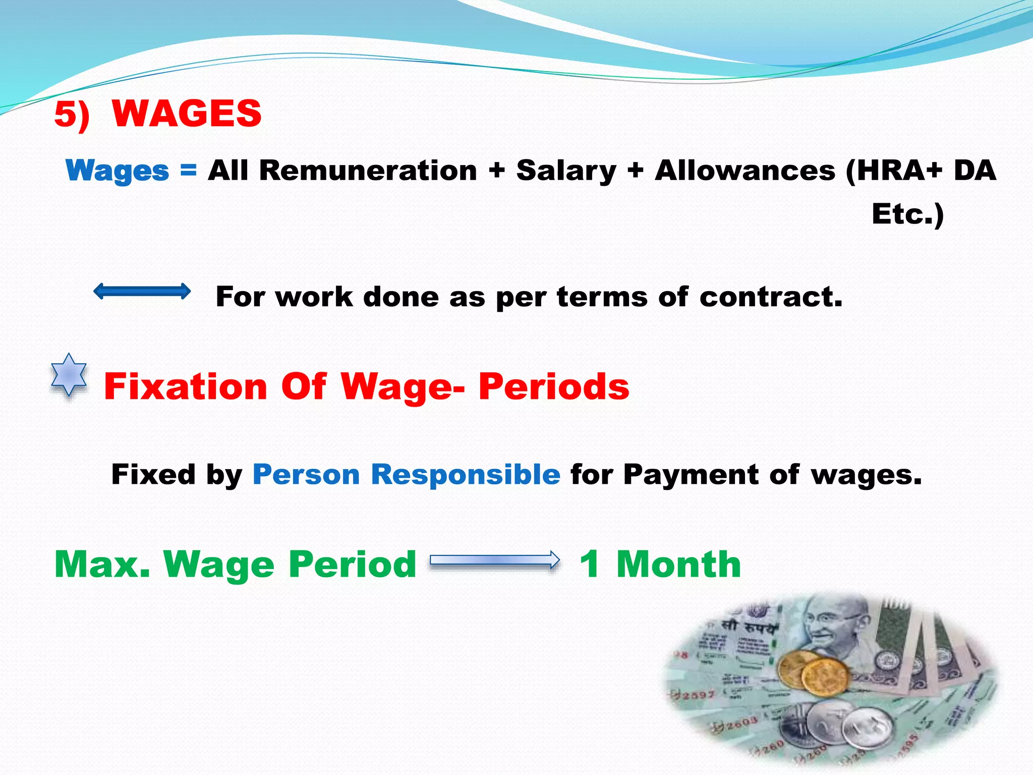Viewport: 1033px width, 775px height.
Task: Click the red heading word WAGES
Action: tap(187, 113)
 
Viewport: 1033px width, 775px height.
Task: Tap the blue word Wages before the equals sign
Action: tap(117, 171)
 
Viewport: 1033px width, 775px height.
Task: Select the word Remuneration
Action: tap(368, 171)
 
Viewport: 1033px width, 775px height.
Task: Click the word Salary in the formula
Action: tap(566, 171)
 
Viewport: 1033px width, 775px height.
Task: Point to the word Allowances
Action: tap(744, 171)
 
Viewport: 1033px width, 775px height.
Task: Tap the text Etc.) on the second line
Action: tap(907, 214)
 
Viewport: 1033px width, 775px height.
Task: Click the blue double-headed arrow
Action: tap(142, 291)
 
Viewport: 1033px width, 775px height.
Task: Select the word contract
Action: tap(770, 297)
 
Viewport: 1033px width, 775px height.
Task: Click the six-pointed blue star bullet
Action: tap(69, 375)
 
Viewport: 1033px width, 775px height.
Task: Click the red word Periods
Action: tap(554, 386)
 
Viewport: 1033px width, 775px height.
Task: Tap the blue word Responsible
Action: tap(465, 474)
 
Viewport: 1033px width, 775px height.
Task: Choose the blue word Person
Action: tap(306, 474)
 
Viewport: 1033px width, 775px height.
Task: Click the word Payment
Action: tap(691, 474)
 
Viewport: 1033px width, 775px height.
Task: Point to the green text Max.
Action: tap(102, 564)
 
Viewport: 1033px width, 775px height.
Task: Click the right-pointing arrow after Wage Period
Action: tap(494, 560)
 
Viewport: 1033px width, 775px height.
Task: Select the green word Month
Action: tap(678, 564)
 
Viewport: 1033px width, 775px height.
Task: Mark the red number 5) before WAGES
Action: tap(72, 114)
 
